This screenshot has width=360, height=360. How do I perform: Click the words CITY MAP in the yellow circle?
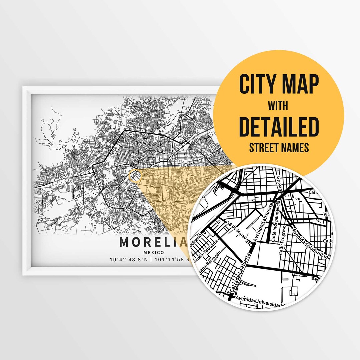coord(279,85)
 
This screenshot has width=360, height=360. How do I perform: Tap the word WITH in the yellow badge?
coord(279,106)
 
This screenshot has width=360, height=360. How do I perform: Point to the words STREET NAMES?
coord(279,147)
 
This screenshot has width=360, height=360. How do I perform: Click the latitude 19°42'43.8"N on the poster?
coord(128,260)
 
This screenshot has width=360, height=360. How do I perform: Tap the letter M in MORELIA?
coord(124,242)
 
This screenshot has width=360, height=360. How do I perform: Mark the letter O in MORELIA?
coord(137,242)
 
